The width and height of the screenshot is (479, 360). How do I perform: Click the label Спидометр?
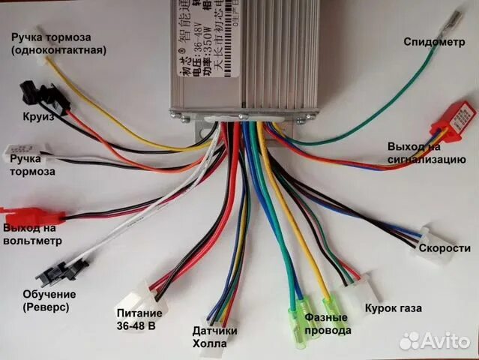(x=434, y=41)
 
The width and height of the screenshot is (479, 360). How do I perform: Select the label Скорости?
(x=445, y=248)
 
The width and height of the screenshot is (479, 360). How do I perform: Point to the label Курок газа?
(x=393, y=308)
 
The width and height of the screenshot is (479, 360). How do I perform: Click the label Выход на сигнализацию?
(x=427, y=151)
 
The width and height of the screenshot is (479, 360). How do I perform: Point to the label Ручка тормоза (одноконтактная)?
(x=58, y=43)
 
